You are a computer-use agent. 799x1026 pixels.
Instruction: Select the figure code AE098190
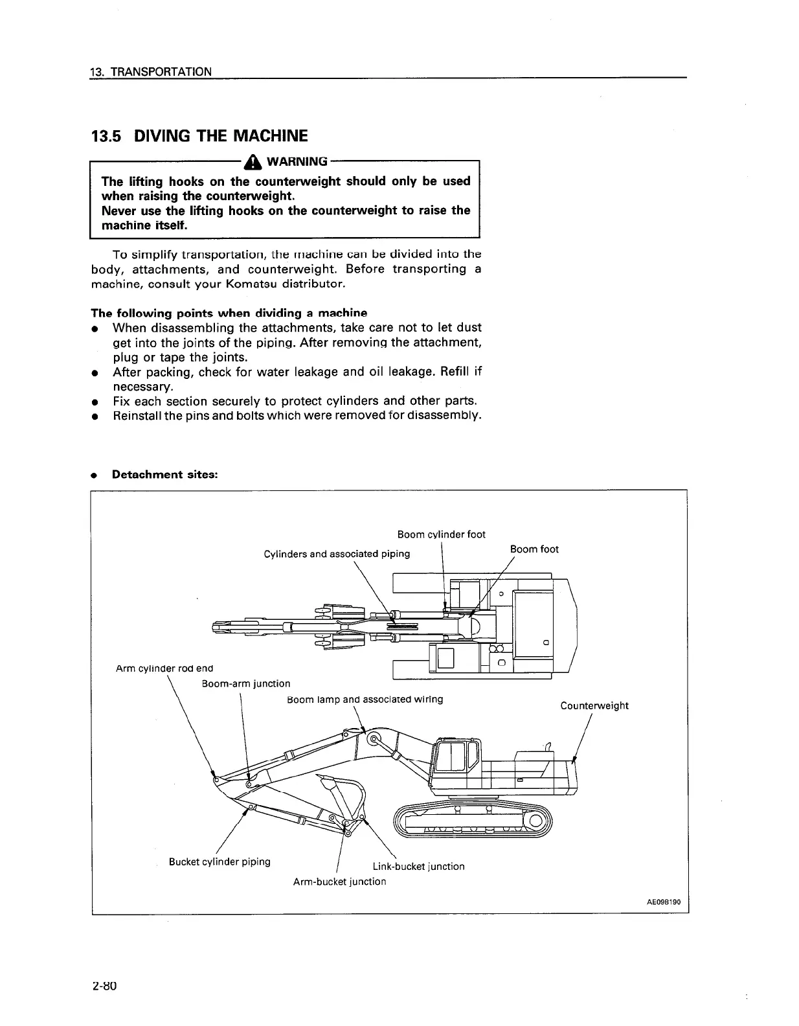pos(663,902)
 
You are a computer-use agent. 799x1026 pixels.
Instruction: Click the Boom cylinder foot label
pos(441,534)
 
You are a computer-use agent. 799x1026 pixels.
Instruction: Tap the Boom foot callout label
pos(534,549)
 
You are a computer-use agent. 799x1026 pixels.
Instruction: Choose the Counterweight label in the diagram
pos(594,705)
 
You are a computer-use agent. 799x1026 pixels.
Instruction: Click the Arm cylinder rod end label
pos(164,668)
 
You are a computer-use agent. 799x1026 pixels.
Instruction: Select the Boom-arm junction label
pos(246,683)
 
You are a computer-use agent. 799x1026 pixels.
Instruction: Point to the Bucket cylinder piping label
pos(219,861)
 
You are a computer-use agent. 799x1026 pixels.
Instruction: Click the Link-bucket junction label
pos(418,866)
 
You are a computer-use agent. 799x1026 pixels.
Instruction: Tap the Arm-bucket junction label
pos(339,882)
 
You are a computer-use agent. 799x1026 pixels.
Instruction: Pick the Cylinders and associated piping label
pos(337,554)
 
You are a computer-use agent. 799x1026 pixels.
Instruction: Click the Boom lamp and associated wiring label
pos(365,700)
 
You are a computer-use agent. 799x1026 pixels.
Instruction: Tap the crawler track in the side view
pos(473,821)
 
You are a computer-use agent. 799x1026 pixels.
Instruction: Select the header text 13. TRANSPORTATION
pos(152,71)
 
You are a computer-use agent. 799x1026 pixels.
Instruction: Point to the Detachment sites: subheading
pos(164,474)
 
